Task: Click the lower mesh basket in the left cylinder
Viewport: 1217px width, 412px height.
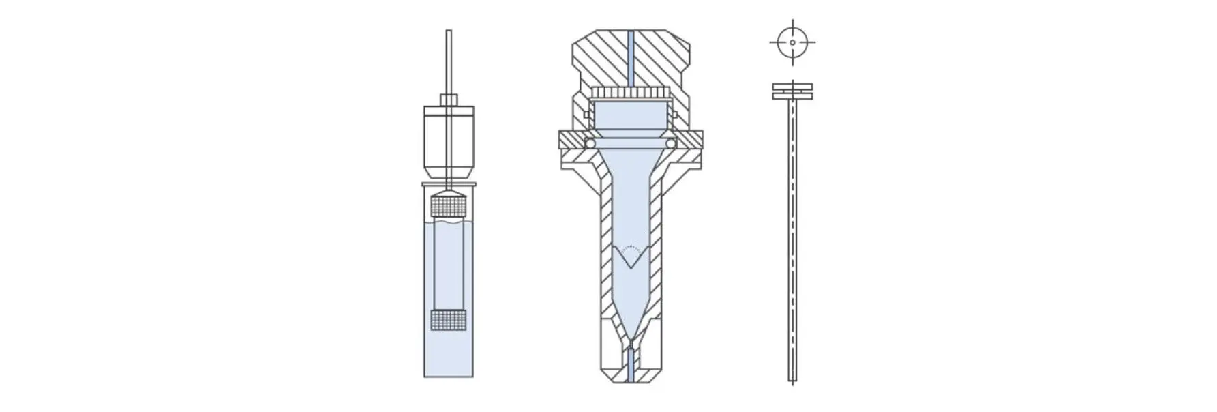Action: pyautogui.click(x=449, y=319)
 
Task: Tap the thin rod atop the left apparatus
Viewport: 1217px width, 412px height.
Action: pyautogui.click(x=449, y=61)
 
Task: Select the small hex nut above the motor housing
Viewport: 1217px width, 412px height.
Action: pyautogui.click(x=449, y=100)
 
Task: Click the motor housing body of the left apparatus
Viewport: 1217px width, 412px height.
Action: pyautogui.click(x=449, y=140)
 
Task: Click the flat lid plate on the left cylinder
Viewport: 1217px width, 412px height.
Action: pyautogui.click(x=449, y=183)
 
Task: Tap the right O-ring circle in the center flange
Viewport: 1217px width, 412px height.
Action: pyautogui.click(x=672, y=144)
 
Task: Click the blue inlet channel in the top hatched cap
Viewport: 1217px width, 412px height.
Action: pyautogui.click(x=631, y=58)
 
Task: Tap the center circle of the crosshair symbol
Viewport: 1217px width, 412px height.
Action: pyautogui.click(x=792, y=42)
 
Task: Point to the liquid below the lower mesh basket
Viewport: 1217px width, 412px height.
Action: pyautogui.click(x=449, y=355)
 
